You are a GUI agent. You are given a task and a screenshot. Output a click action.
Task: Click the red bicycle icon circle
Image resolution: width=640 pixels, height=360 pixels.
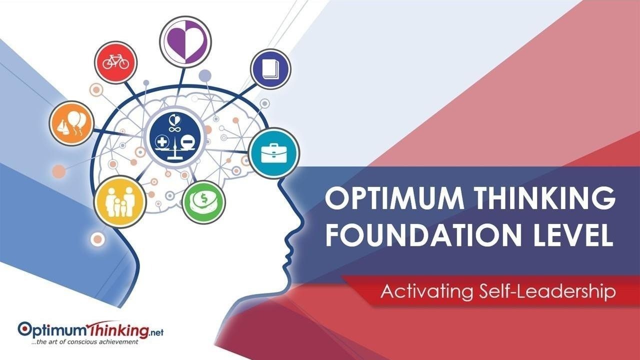[x=115, y=62]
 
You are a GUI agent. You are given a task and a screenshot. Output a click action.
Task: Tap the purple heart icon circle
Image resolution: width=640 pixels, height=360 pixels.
[x=185, y=42]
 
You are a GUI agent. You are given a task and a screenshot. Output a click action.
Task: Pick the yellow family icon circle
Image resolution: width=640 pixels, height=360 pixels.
[x=120, y=201]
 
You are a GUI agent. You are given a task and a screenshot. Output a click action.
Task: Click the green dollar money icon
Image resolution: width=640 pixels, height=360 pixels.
[x=203, y=202]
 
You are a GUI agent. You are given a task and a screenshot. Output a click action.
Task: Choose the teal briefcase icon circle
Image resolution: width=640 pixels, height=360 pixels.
[x=274, y=153]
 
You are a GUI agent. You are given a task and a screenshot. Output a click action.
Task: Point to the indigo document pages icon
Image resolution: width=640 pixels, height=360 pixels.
[x=270, y=69]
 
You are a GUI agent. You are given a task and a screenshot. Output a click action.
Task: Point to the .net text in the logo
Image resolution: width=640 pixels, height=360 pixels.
[x=156, y=332]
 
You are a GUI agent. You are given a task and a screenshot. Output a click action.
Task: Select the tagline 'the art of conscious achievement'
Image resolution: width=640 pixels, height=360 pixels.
[x=85, y=341]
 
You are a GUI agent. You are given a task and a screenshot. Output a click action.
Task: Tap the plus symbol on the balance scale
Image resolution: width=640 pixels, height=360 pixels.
[x=162, y=142]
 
